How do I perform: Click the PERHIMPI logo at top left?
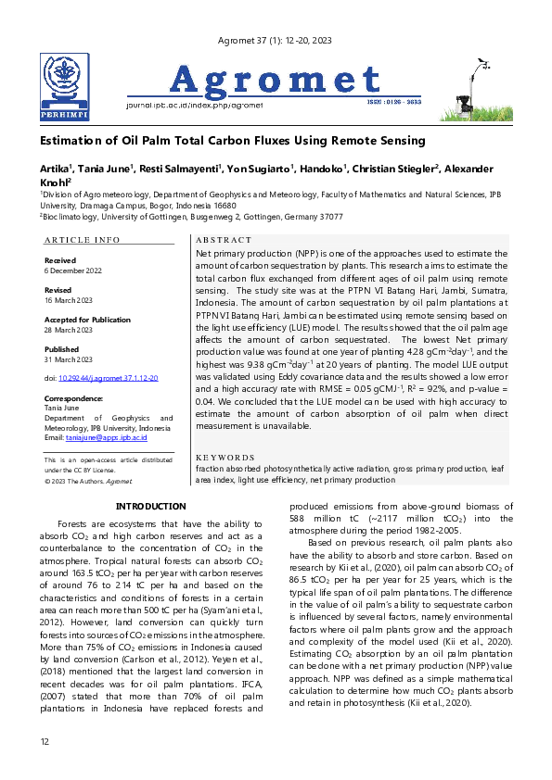(64, 87)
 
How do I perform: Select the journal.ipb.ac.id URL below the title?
(194, 106)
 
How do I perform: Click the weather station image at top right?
(472, 88)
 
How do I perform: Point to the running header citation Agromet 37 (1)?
(275, 40)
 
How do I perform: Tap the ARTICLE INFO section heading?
(82, 240)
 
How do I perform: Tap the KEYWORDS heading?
(226, 458)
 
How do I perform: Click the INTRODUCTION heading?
(150, 507)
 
